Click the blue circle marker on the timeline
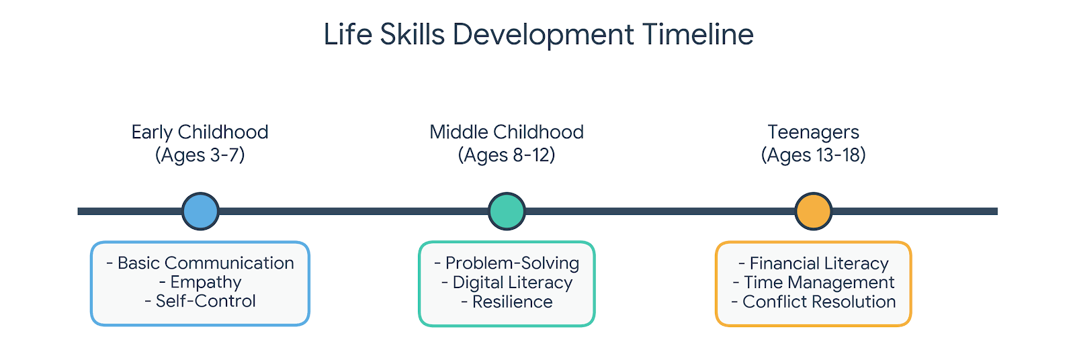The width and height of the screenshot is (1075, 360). coord(200,211)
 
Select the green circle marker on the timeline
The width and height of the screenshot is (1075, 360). coord(507,211)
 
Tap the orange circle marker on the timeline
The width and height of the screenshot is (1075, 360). coord(813,211)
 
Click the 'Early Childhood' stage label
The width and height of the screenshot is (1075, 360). coord(200,132)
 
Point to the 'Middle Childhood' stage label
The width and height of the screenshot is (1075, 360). coord(507,132)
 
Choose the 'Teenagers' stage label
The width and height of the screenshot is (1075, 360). coord(813,132)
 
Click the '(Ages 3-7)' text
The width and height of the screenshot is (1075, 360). coord(200,155)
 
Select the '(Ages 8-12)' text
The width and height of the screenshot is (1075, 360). coord(507,155)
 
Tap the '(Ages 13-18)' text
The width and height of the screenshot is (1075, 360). coord(813,155)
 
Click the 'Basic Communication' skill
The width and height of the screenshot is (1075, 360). coord(205,263)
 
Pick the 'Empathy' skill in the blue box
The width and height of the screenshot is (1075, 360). coord(205,282)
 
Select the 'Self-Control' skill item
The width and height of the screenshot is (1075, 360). coord(205,301)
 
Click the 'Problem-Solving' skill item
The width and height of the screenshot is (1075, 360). coord(511,263)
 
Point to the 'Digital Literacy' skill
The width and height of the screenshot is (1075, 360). coord(512,282)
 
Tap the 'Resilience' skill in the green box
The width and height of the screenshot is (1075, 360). coord(512,302)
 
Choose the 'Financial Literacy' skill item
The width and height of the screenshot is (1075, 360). coord(818,263)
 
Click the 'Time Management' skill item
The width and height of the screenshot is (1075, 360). coord(818,282)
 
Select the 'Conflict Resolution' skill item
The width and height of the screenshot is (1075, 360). coord(818,302)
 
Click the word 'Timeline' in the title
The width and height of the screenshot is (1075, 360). coord(697,34)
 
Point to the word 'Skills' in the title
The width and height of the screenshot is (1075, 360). coord(412,34)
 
